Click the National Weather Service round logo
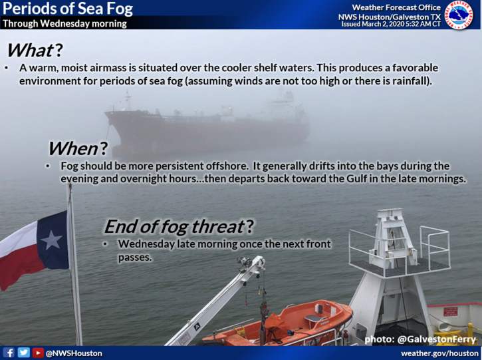(459, 15)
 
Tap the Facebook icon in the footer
(9, 353)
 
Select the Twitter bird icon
(24, 353)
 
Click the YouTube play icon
(38, 353)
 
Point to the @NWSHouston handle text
(74, 353)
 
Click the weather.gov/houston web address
(440, 353)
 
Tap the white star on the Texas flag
(51, 240)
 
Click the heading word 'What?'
(35, 50)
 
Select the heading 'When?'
(78, 148)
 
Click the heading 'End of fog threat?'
(180, 227)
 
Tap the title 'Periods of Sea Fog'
(68, 9)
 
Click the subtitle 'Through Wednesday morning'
(65, 23)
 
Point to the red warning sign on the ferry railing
(450, 311)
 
